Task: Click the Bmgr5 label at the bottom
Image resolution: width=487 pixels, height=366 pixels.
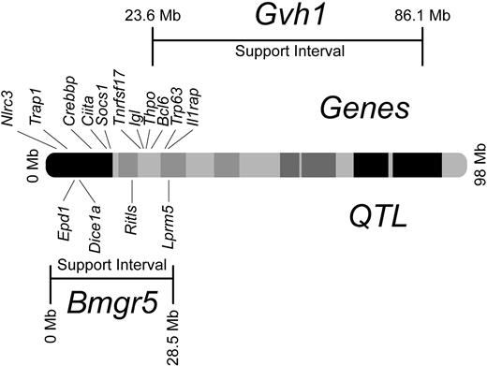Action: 111,306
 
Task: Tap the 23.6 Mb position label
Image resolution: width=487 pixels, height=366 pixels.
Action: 152,16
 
